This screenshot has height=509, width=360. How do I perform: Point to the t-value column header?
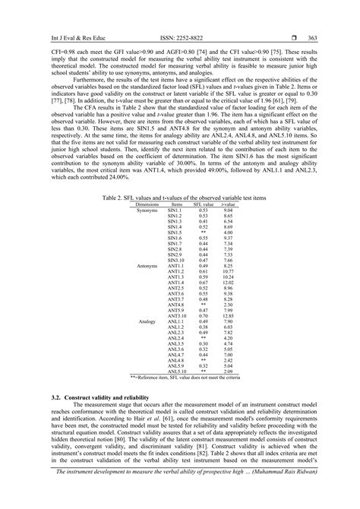[229, 204]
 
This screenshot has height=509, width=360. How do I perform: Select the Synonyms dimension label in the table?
[147, 210]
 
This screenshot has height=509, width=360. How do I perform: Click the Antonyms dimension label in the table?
[147, 266]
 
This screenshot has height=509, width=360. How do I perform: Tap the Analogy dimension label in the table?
[146, 322]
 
